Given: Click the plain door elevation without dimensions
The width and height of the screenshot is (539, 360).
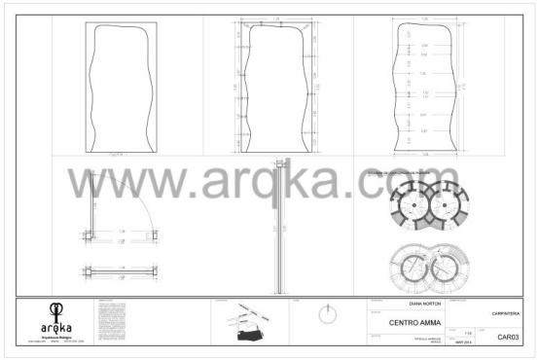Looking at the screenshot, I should (120, 89).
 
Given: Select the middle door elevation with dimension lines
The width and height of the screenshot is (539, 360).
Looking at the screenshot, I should (276, 89).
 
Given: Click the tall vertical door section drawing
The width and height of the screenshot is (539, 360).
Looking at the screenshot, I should (279, 229).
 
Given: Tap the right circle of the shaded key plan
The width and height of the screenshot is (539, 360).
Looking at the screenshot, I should (448, 203).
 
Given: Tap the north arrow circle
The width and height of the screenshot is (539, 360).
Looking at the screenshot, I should (329, 317).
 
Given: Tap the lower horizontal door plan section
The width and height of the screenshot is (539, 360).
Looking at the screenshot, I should (122, 270).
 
